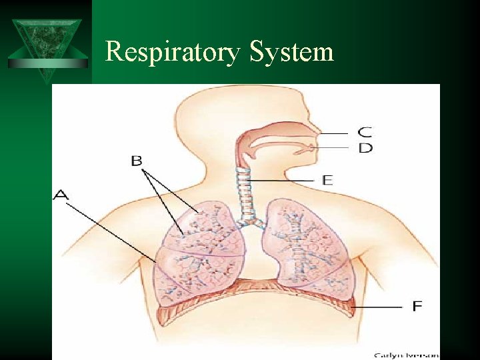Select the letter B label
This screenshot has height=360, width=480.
tap(137, 161)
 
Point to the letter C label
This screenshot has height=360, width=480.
tap(365, 131)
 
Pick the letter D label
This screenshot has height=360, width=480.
tap(365, 148)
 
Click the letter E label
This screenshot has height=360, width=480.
tap(327, 180)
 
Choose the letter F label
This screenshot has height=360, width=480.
tap(417, 306)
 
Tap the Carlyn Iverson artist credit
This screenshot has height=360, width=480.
tap(405, 355)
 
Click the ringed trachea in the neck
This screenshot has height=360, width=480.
tap(245, 193)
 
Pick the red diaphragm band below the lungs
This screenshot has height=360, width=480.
tap(253, 293)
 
